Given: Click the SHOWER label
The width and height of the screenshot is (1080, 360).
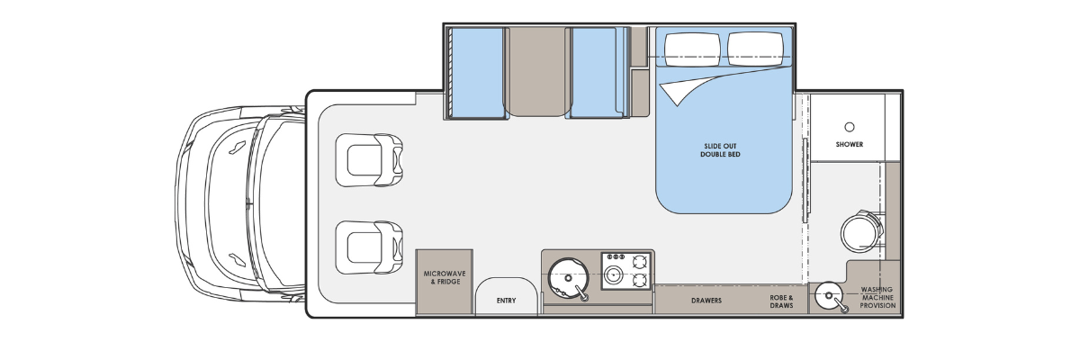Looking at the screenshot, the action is (x=850, y=144).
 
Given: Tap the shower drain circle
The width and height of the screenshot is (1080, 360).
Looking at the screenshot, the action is (x=850, y=127).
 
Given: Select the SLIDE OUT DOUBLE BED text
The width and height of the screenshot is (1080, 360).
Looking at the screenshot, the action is (x=720, y=150).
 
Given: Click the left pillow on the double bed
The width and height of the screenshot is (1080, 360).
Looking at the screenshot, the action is (x=692, y=49).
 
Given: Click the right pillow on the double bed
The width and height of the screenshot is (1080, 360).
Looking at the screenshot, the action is (x=755, y=49).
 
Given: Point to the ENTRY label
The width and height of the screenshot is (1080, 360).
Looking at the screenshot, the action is (x=506, y=301).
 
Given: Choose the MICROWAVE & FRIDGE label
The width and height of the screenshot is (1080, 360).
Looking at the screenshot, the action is (x=445, y=277).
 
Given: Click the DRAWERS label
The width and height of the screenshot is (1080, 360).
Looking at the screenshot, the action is (x=706, y=301).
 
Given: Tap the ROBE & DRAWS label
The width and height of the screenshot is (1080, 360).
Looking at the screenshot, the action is (x=781, y=301).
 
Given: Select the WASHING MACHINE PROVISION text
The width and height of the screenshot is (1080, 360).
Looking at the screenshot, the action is (x=877, y=297).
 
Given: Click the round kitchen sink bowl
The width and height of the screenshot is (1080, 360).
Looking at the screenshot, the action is (x=568, y=277).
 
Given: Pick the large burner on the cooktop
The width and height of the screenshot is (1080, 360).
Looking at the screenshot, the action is (x=613, y=274).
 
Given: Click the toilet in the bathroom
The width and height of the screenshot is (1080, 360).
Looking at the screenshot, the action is (x=863, y=233).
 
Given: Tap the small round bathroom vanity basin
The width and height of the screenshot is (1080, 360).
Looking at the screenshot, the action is (x=829, y=295).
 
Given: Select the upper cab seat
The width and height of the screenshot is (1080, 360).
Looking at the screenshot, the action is (x=369, y=160).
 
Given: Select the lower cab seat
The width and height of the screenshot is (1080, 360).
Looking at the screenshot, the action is (x=369, y=247).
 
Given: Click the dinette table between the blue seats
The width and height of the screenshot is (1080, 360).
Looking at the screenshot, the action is (x=537, y=72).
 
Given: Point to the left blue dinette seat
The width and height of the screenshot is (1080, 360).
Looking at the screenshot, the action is (x=477, y=73).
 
